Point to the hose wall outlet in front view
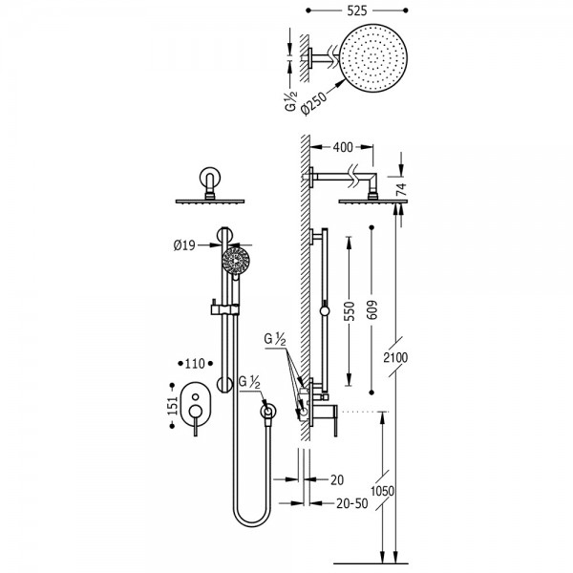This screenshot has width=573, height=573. [x=270, y=412]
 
